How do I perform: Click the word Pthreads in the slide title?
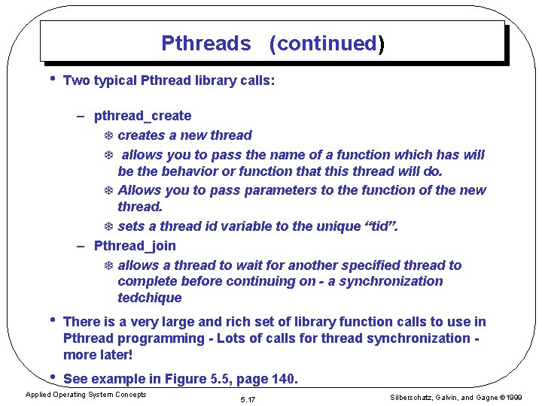pos(206,44)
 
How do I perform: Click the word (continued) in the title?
pos(327,44)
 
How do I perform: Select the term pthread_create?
pos(142,116)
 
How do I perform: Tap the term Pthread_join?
pos(135,246)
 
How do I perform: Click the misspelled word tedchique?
pos(150,298)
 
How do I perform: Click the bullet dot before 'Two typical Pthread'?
pos(51,78)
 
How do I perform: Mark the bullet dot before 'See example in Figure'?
pos(51,377)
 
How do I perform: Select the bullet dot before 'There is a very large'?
pos(51,320)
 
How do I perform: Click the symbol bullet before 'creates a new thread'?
pos(108,136)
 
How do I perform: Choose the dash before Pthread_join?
pos(81,246)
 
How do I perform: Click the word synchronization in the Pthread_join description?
pos(394,281)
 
